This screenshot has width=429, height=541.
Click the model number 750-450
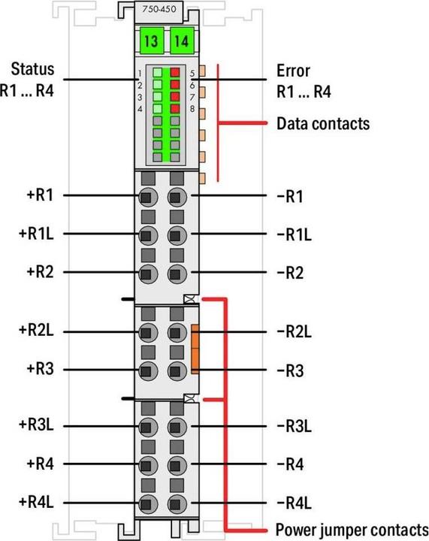[159, 8]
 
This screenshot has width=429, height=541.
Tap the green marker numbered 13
[152, 41]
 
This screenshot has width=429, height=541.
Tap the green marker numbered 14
[182, 41]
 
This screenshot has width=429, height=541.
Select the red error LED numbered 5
[175, 72]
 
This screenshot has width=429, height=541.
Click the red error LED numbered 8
[175, 108]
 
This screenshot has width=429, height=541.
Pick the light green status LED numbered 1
[157, 72]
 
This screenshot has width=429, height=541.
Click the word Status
[32, 68]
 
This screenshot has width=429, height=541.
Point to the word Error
[293, 71]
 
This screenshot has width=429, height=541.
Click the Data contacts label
[323, 123]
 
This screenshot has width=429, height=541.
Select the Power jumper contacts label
[352, 530]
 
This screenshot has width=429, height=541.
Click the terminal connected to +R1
[148, 198]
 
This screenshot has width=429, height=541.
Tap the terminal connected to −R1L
[177, 236]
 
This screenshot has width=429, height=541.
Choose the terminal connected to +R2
[148, 274]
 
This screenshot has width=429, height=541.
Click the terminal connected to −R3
[177, 371]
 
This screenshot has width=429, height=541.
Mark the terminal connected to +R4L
[148, 504]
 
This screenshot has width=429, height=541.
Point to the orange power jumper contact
[195, 349]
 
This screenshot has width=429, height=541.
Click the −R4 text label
[290, 464]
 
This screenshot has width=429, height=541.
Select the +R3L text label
[36, 425]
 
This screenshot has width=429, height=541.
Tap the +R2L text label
[36, 330]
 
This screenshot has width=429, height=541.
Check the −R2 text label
[290, 273]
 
